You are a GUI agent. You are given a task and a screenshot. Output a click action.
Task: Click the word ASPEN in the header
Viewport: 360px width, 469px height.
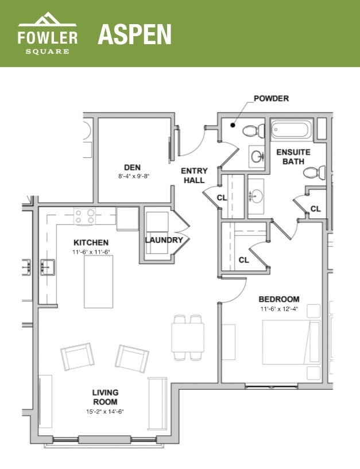pyautogui.click(x=134, y=34)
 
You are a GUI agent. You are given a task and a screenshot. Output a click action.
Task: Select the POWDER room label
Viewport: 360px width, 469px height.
pyautogui.click(x=271, y=99)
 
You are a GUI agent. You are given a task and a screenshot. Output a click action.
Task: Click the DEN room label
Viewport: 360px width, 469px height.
pyautogui.click(x=133, y=168)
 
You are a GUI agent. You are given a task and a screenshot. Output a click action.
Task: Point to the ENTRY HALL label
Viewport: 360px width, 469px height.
pyautogui.click(x=193, y=176)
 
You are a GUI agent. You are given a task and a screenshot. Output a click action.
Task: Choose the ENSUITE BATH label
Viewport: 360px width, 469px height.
pyautogui.click(x=293, y=157)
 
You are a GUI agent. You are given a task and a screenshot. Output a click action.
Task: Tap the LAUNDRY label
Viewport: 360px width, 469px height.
pyautogui.click(x=164, y=240)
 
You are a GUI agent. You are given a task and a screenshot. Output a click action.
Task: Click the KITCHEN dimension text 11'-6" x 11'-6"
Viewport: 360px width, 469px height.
pyautogui.click(x=90, y=252)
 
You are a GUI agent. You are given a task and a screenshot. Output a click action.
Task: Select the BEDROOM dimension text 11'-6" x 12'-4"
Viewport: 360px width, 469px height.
pyautogui.click(x=278, y=309)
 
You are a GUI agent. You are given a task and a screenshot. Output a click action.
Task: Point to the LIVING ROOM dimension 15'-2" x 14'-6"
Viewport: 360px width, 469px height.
pyautogui.click(x=105, y=411)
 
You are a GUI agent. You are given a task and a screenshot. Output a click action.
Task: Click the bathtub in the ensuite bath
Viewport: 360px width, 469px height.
pyautogui.click(x=292, y=130)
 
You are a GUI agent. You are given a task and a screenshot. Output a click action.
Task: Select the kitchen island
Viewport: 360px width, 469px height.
pyautogui.click(x=98, y=281)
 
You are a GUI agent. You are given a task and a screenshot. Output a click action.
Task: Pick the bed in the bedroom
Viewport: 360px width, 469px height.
pyautogui.click(x=291, y=341)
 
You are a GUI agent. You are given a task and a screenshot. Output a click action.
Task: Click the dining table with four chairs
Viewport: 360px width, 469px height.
pyautogui.click(x=188, y=337)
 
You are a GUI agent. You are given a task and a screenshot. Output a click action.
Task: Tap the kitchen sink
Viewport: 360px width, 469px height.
pyautogui.click(x=48, y=266)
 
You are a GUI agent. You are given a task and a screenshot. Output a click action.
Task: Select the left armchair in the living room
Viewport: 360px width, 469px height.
pyautogui.click(x=76, y=357)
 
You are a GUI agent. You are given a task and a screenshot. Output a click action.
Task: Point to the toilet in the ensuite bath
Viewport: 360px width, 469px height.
pyautogui.click(x=313, y=172)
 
